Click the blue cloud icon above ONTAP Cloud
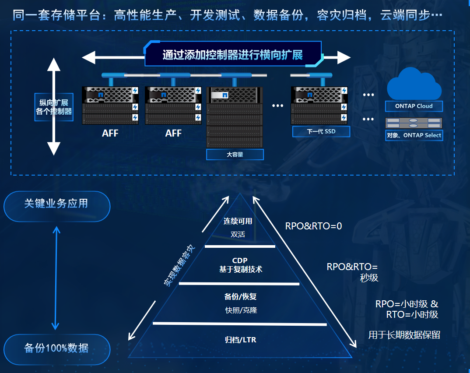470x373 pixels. tap(414, 84)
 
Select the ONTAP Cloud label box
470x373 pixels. tap(414, 106)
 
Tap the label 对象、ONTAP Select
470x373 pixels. tap(414, 135)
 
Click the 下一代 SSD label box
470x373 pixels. tap(321, 131)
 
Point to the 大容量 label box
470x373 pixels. tap(235, 155)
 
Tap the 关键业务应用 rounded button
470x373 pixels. tap(56, 204)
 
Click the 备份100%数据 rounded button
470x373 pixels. tap(56, 348)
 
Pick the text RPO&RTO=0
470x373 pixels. tap(313, 226)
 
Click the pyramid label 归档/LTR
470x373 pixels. tap(240, 339)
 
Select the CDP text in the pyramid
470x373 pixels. tap(240, 260)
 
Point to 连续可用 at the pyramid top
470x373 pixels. tap(238, 221)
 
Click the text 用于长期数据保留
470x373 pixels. tap(404, 335)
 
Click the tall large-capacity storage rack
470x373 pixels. tap(235, 117)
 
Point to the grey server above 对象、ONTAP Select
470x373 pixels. tap(414, 123)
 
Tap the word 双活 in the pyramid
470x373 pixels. tap(238, 235)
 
